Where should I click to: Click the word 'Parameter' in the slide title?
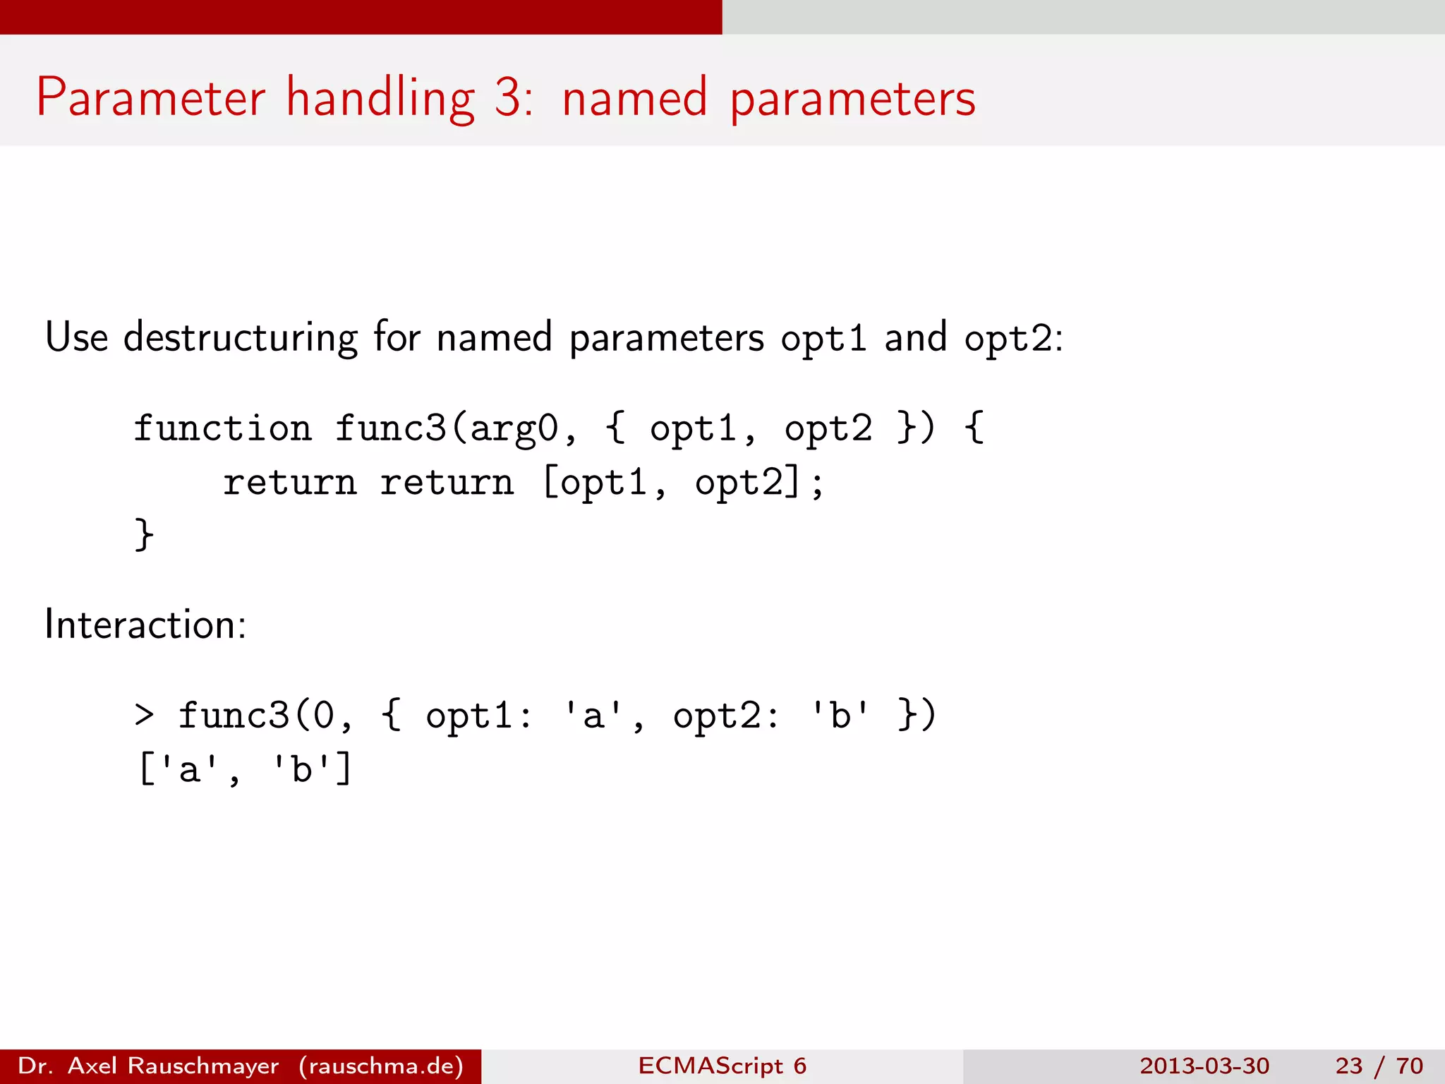pos(150,97)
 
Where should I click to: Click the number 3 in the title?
pos(508,97)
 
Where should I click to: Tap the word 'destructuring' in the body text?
pos(240,337)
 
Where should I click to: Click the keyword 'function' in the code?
pos(222,428)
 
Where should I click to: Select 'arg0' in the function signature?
pos(514,428)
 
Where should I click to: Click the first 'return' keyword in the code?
pos(289,483)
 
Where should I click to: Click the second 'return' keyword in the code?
pos(447,483)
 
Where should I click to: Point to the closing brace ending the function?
pos(144,534)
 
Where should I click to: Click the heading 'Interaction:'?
pos(145,625)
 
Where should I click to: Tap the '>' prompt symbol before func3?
pos(144,715)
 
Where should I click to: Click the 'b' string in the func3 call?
pos(840,715)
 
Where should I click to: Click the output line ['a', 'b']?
pos(245,769)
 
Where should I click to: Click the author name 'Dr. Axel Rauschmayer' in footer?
pos(148,1066)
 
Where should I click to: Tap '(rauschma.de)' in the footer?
pos(381,1066)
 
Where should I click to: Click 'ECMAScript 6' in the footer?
pos(722,1066)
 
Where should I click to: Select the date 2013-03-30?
pos(1204,1066)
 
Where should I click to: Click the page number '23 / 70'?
pos(1379,1066)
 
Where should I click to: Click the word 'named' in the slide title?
pos(634,97)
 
